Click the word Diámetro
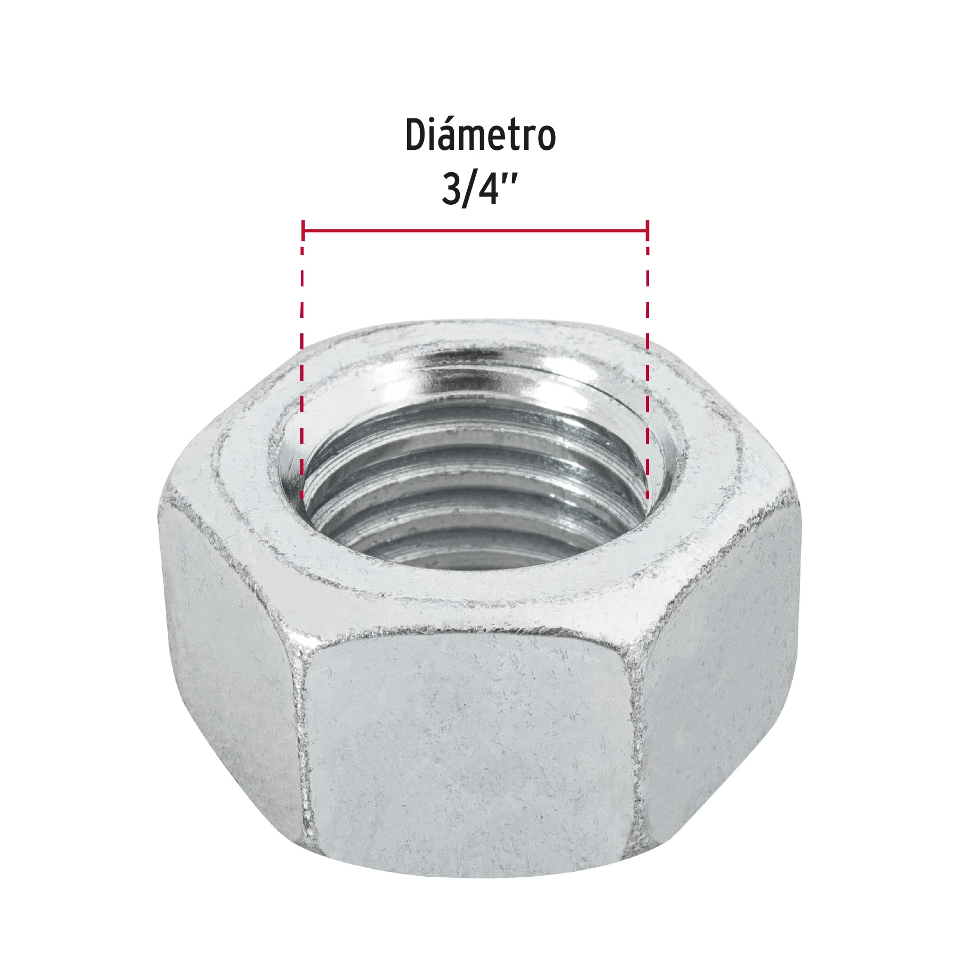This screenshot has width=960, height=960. [480, 135]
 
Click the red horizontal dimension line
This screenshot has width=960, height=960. [475, 230]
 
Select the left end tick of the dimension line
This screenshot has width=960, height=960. [303, 230]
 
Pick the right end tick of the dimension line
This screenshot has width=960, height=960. [647, 230]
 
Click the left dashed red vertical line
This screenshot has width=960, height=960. [302, 373]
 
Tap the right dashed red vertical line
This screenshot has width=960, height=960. [647, 373]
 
